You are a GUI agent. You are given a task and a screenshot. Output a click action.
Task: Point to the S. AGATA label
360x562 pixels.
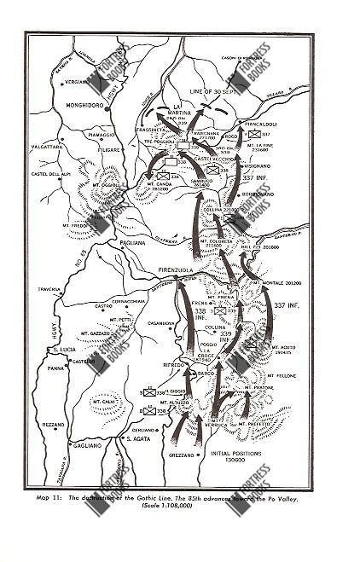click(138, 438)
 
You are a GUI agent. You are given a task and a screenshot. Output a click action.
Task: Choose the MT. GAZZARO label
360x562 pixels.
click(96, 333)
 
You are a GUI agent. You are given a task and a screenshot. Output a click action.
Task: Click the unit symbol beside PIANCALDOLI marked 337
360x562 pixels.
click(253, 134)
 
